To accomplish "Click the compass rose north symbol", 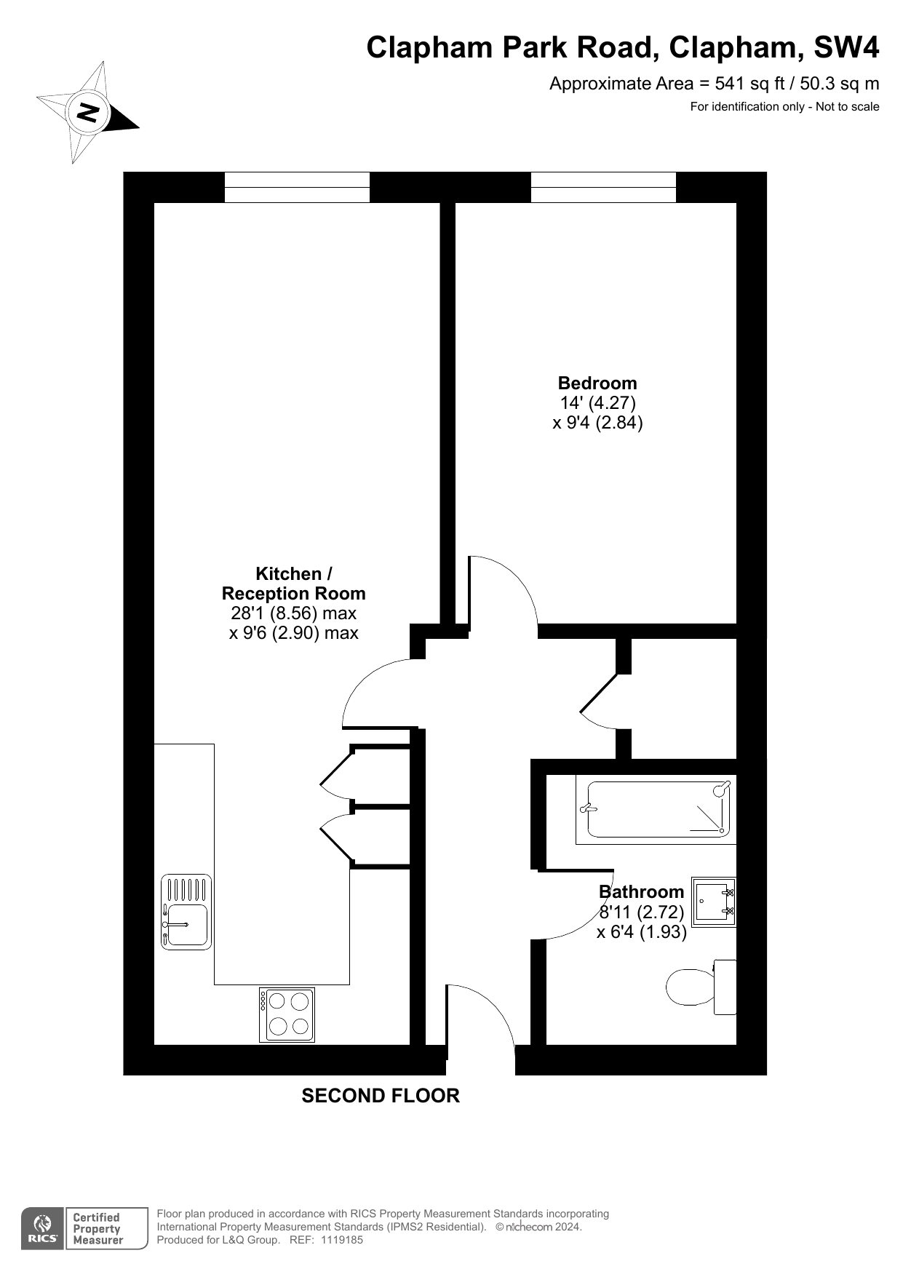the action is pos(88,113).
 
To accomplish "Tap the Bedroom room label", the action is pos(597,383).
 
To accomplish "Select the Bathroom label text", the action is pos(641,891).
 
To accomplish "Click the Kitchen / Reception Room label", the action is pos(293,584).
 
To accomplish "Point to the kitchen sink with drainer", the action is pos(186,912).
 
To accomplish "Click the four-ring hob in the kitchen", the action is pos(287,1014).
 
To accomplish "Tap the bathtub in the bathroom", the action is pos(656,809).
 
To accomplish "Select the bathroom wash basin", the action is pos(714,902).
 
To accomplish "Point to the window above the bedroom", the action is pos(603,187).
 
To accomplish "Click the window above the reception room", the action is pos(297,187).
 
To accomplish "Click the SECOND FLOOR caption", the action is pos(381,1096).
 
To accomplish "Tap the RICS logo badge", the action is pos(84,1228).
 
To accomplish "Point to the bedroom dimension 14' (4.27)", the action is pos(597,402).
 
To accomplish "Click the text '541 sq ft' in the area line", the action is pos(749,84).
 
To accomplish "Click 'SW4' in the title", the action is pos(846,47).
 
